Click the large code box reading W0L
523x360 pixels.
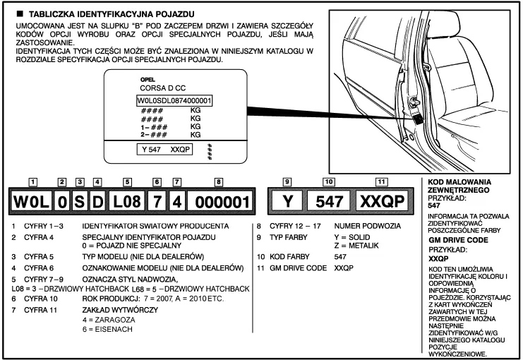[x=30, y=202]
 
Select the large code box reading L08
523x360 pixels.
[x=127, y=202]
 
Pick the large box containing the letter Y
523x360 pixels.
[x=287, y=202]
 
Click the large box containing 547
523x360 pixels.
[x=329, y=202]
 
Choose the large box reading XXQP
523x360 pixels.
[x=382, y=202]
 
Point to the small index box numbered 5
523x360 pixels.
[x=127, y=181]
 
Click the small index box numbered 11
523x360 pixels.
[x=382, y=181]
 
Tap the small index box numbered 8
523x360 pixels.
[x=219, y=181]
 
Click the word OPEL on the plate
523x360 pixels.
[x=148, y=80]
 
